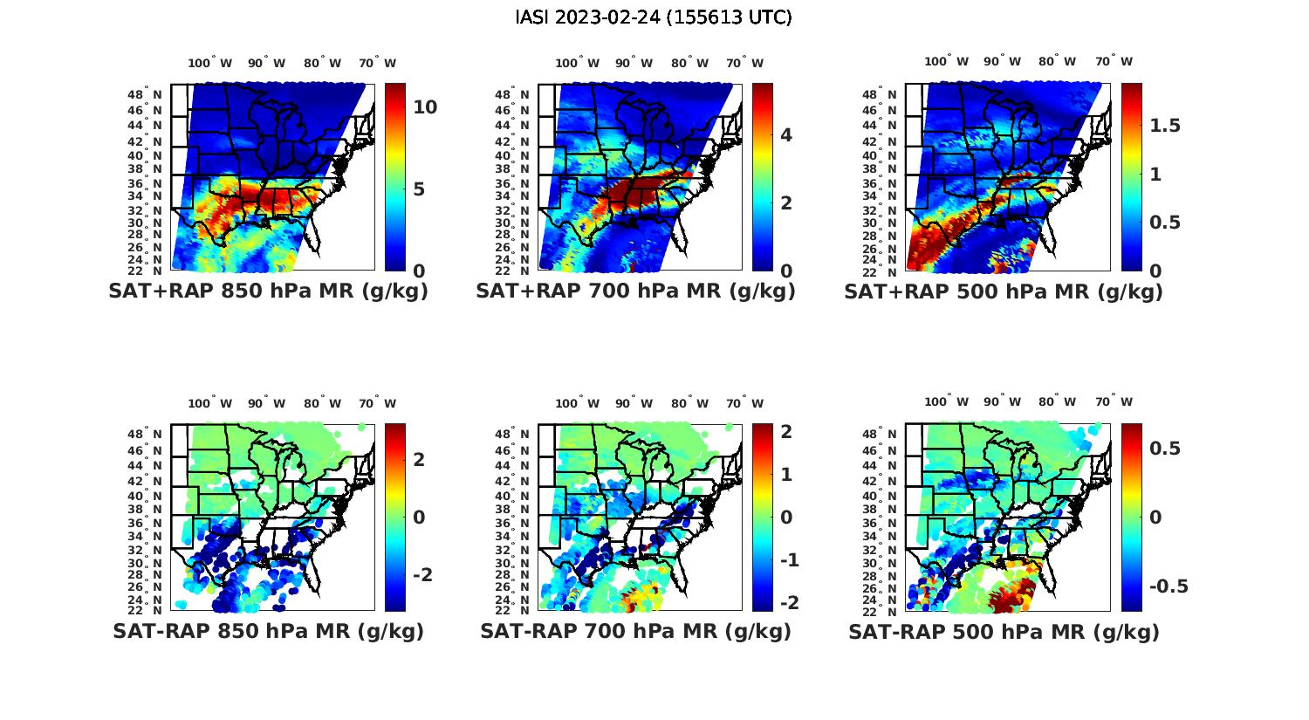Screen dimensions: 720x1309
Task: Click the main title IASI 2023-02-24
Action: [654, 17]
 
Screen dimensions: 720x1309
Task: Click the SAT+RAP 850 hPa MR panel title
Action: [268, 291]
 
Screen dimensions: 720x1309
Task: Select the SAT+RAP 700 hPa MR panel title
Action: [635, 291]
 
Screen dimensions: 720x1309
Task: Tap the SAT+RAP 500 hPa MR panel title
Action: [1004, 292]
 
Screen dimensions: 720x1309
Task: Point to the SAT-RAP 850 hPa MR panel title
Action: [268, 631]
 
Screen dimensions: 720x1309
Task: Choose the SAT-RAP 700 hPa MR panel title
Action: [635, 631]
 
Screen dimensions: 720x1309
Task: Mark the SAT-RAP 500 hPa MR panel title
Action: [1004, 632]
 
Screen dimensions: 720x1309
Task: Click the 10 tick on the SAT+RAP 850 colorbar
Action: [425, 107]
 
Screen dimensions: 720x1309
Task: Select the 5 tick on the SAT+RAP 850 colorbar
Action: [419, 189]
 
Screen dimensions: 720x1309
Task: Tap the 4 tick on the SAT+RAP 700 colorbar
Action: [786, 134]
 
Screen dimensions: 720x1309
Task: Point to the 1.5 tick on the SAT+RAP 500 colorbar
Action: [1165, 126]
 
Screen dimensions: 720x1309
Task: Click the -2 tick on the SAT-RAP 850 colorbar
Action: [421, 574]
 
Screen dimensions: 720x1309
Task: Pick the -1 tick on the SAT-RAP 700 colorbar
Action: [788, 559]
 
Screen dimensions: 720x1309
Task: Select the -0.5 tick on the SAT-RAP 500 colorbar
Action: [1169, 586]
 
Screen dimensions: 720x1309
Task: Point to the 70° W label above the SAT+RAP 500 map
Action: [1114, 61]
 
